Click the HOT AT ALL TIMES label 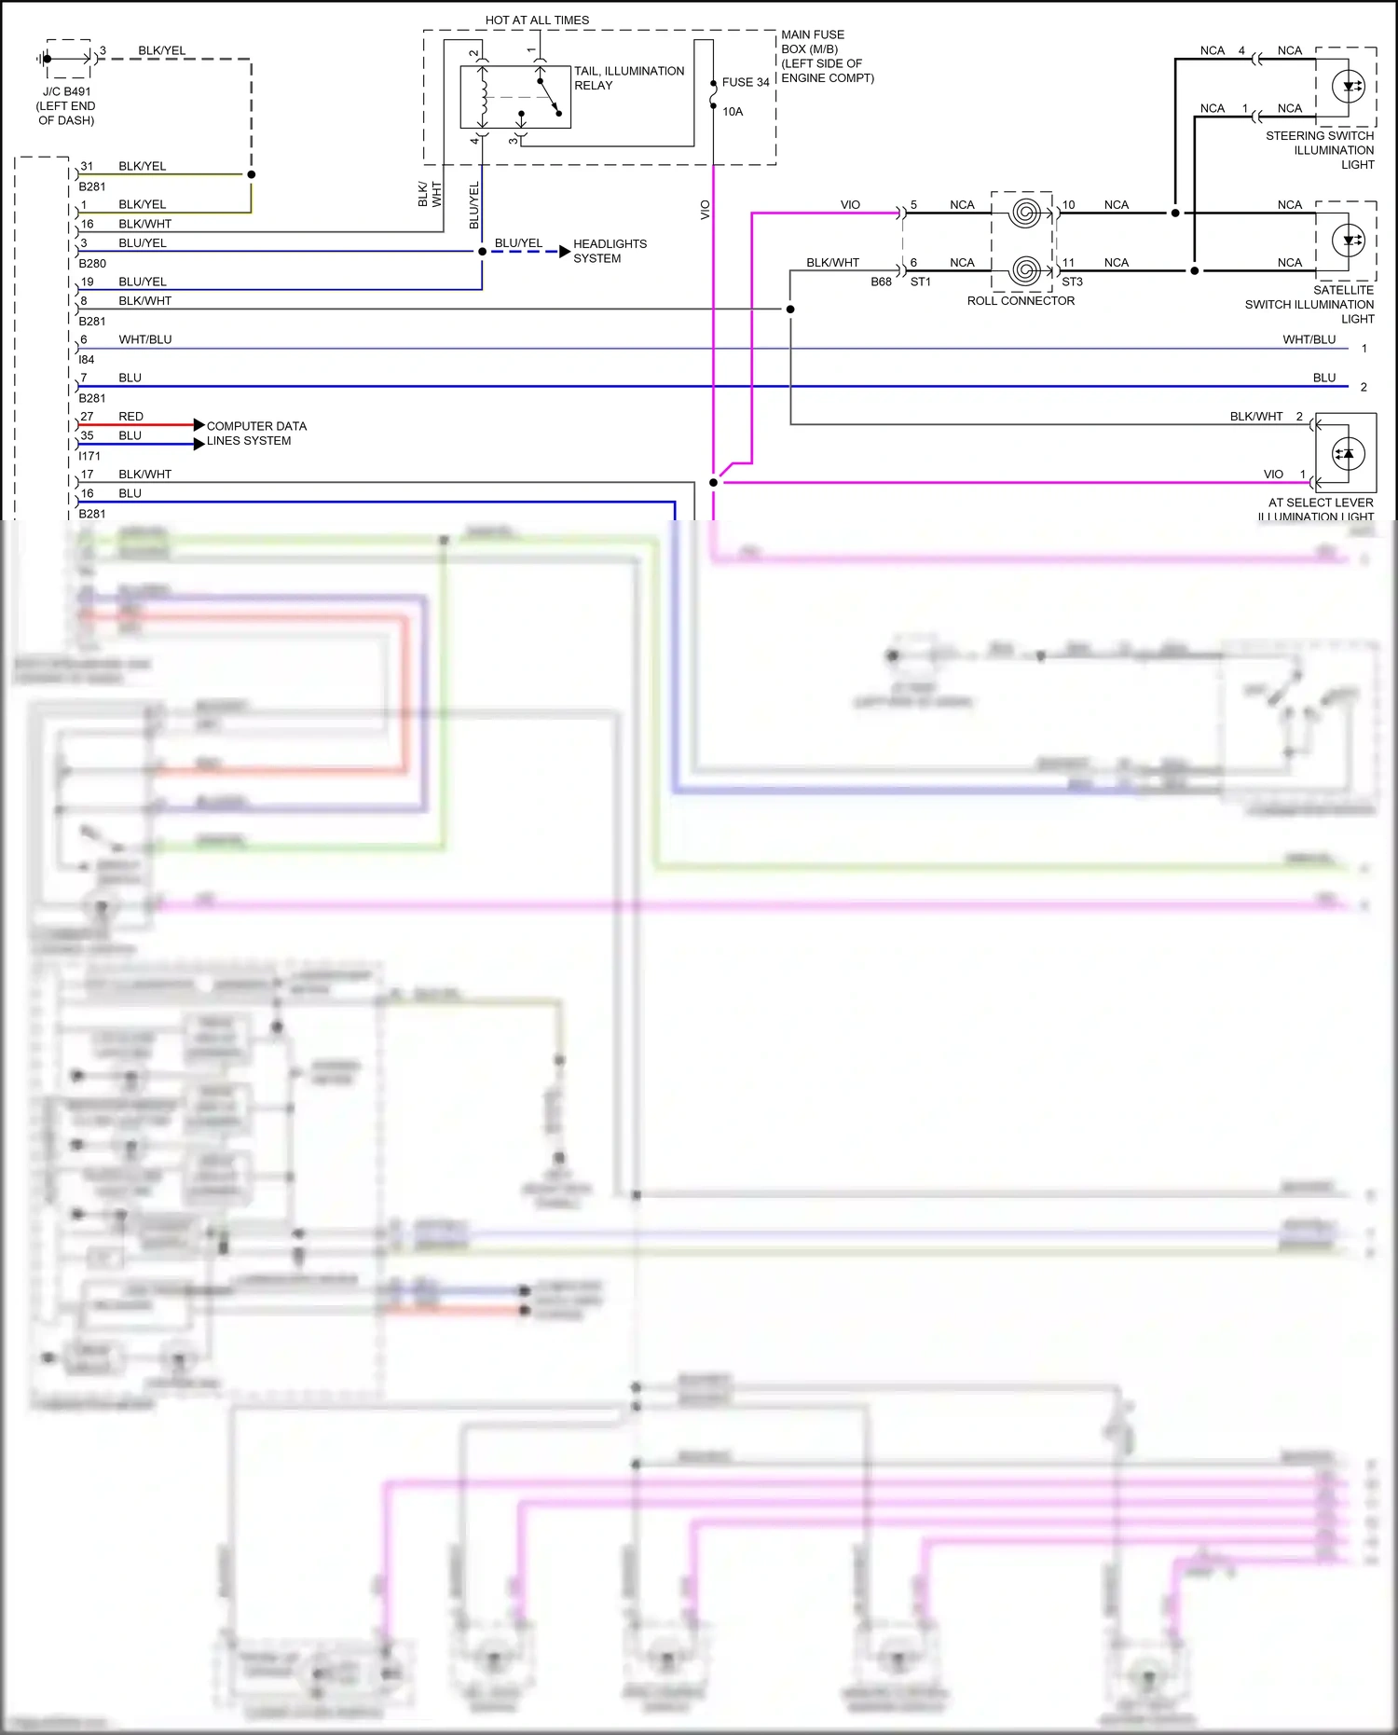pyautogui.click(x=537, y=20)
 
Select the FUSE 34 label pyautogui.click(x=745, y=82)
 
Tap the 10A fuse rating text pyautogui.click(x=733, y=112)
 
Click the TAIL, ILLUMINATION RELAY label pyautogui.click(x=628, y=77)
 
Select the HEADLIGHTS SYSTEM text pyautogui.click(x=609, y=251)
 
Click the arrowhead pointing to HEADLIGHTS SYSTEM pyautogui.click(x=565, y=252)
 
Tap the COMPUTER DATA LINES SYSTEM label pyautogui.click(x=255, y=434)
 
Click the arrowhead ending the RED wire pyautogui.click(x=199, y=425)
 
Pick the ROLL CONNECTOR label pyautogui.click(x=1021, y=301)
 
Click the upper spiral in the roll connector pyautogui.click(x=1024, y=213)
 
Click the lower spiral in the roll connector pyautogui.click(x=1024, y=270)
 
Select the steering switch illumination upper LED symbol pyautogui.click(x=1348, y=87)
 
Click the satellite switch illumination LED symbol pyautogui.click(x=1348, y=241)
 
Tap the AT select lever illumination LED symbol pyautogui.click(x=1346, y=454)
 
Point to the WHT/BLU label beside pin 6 pyautogui.click(x=144, y=339)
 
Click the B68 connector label pyautogui.click(x=881, y=282)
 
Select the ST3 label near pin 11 pyautogui.click(x=1072, y=282)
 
